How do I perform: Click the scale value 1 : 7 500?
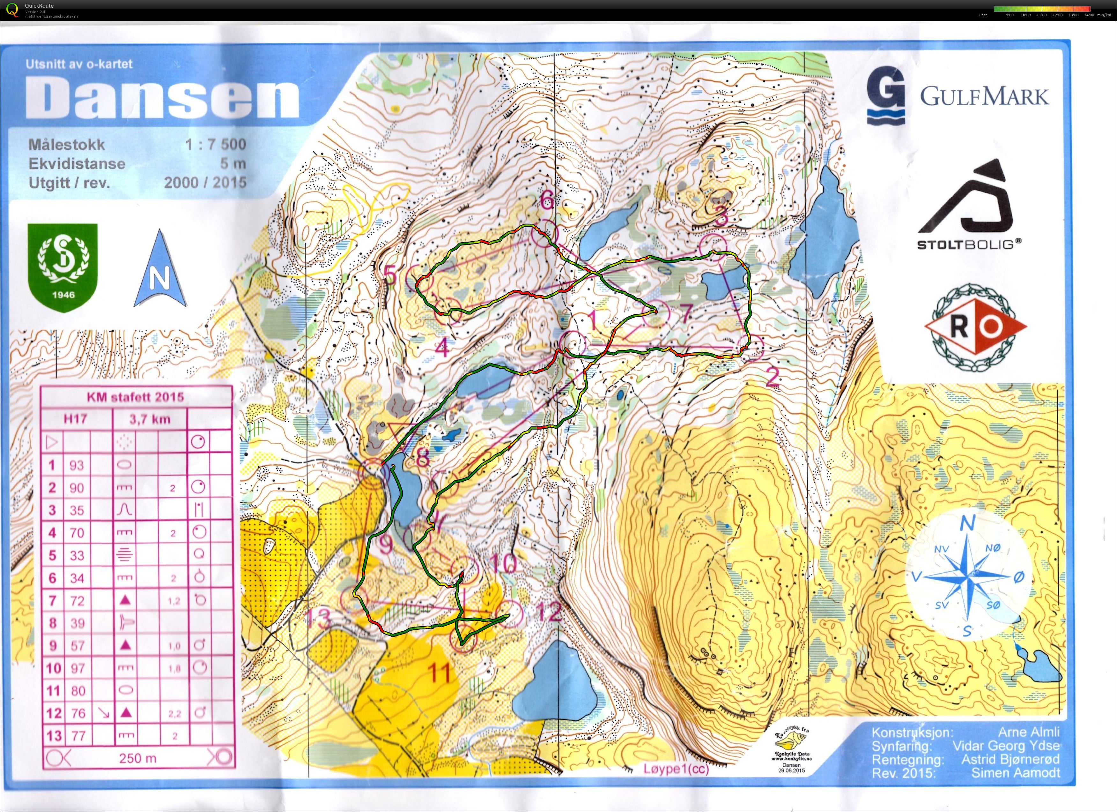point(216,144)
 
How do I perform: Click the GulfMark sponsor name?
point(985,97)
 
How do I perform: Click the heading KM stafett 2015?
point(136,397)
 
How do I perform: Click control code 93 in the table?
point(77,465)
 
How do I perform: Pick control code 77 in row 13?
point(77,736)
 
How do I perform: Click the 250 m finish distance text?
point(137,758)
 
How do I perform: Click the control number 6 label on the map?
point(547,200)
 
